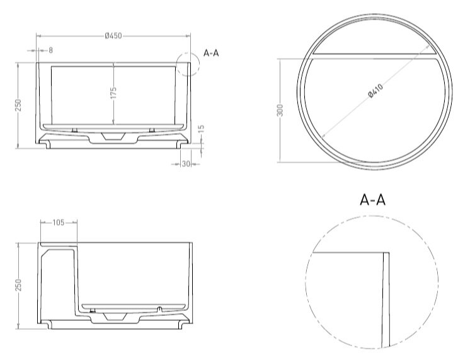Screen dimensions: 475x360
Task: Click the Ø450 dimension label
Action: (113, 36)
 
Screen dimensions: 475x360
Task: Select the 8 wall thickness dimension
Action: (50, 50)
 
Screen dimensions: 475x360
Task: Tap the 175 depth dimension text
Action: (113, 93)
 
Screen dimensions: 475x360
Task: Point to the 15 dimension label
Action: (202, 129)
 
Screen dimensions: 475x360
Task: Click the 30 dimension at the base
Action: (185, 164)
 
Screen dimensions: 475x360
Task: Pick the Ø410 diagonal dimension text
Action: (375, 91)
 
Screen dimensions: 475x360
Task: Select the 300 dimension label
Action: (280, 110)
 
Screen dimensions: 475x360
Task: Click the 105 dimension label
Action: (59, 223)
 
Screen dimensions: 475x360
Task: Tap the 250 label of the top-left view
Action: (18, 105)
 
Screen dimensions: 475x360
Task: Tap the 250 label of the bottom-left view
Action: (18, 285)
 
